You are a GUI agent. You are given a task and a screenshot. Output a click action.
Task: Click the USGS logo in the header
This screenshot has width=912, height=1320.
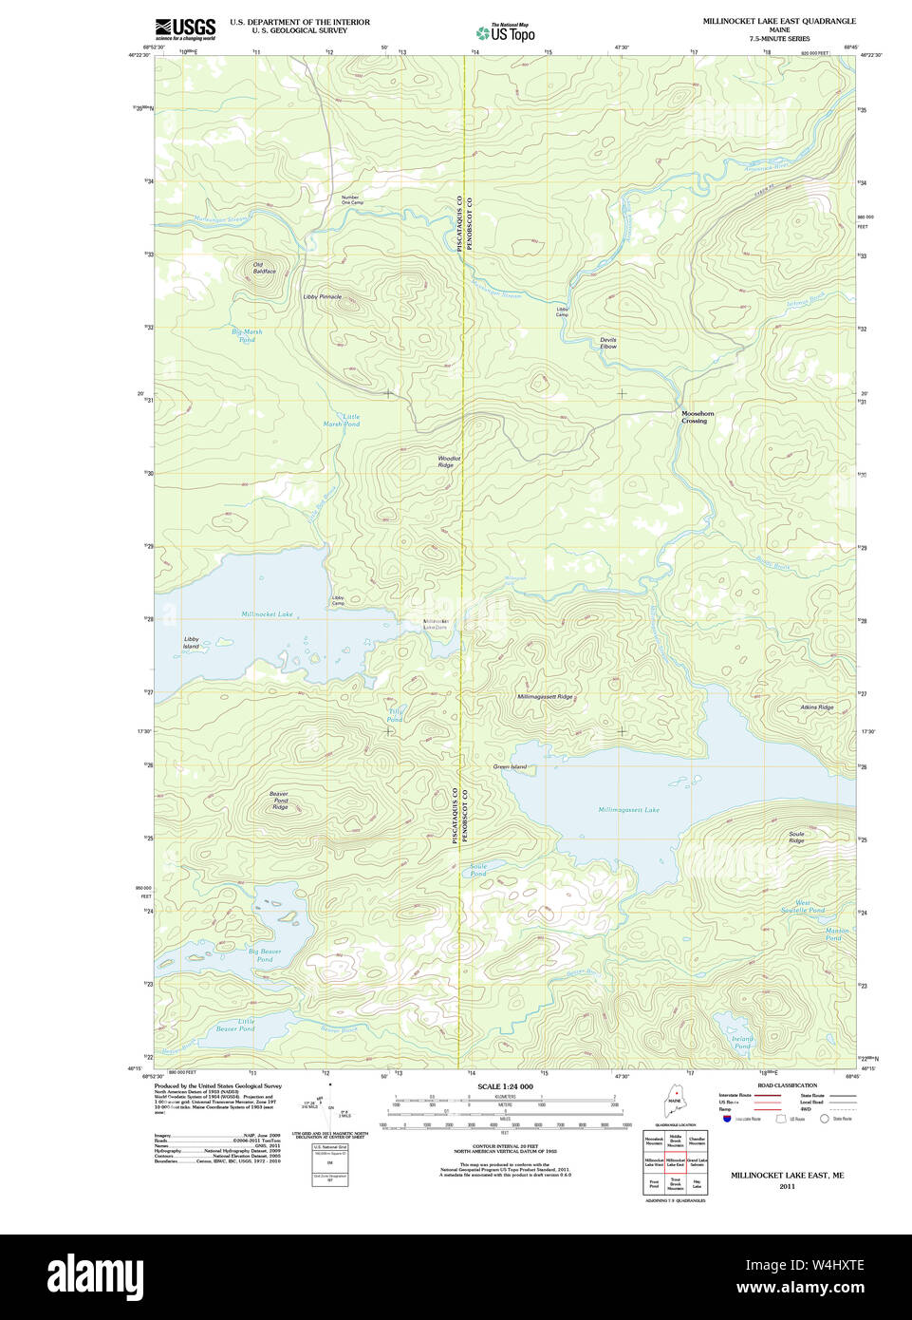coord(185,28)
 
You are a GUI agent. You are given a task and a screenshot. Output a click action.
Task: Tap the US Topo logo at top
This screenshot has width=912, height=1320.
coord(506,32)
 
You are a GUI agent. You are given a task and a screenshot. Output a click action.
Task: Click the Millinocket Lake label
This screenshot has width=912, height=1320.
coord(267,614)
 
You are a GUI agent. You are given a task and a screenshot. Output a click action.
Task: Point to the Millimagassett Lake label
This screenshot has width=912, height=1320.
coord(628,810)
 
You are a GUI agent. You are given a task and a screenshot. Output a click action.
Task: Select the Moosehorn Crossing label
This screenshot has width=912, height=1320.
coord(697,417)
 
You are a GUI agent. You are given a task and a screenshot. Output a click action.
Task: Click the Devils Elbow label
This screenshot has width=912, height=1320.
coord(607,343)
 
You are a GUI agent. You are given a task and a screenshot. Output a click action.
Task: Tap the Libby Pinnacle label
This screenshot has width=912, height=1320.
coord(322,297)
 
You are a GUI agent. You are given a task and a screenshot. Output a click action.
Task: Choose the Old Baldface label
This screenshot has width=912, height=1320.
coord(264,268)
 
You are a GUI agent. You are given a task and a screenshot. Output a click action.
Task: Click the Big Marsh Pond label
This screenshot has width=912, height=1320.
coord(247,335)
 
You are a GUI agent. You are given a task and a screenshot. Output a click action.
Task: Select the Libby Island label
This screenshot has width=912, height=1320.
coord(192,643)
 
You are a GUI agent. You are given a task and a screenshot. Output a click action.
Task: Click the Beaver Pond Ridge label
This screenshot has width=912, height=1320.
coord(279,801)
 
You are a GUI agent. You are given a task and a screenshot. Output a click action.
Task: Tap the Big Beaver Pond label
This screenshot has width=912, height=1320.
coord(265,954)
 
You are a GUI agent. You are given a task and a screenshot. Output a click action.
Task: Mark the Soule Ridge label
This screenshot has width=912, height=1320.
coord(796,838)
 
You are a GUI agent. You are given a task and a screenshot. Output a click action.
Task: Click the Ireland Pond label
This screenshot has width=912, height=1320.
coord(742,1042)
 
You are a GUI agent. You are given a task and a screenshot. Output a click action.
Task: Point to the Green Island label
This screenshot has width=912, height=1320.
coord(510,766)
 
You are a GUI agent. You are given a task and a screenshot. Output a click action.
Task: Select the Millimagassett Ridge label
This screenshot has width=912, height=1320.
coord(545,697)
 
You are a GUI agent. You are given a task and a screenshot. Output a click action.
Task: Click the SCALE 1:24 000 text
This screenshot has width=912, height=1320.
coord(505,1086)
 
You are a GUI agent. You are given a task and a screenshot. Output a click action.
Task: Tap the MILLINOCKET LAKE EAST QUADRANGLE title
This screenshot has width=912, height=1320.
coord(778,21)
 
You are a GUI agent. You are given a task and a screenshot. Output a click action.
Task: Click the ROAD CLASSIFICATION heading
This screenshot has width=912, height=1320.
coord(787,1085)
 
